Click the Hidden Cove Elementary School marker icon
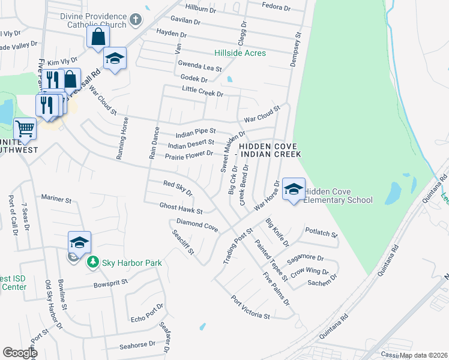pos(293,189)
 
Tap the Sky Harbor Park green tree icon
pos(92,262)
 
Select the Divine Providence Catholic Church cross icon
pos(136,19)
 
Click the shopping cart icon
pos(25,128)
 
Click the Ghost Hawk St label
pos(181,208)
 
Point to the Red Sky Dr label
pos(177,188)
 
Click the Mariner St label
pos(56,197)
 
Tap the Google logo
pos(20,353)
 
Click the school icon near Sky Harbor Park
pos(79,242)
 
